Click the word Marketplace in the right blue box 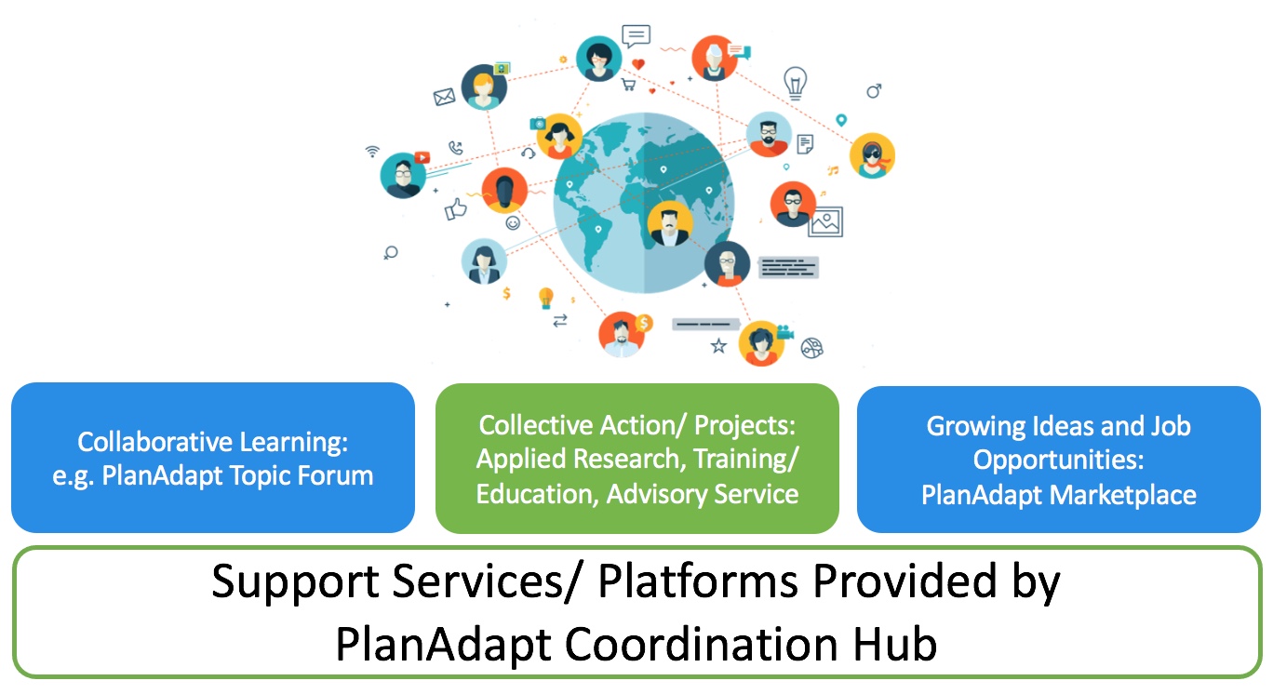pyautogui.click(x=1123, y=495)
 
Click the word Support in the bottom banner pyautogui.click(x=295, y=582)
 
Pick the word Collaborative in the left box pyautogui.click(x=155, y=442)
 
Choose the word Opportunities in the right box pyautogui.click(x=1058, y=460)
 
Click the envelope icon pyautogui.click(x=444, y=97)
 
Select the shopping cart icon pyautogui.click(x=628, y=86)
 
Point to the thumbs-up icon pyautogui.click(x=455, y=209)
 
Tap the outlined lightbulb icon pyautogui.click(x=795, y=83)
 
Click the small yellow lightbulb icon pyautogui.click(x=545, y=298)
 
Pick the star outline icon pyautogui.click(x=719, y=345)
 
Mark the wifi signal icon pyautogui.click(x=372, y=151)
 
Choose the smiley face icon pyautogui.click(x=513, y=223)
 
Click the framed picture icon pyautogui.click(x=825, y=222)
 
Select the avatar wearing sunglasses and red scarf pyautogui.click(x=872, y=155)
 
